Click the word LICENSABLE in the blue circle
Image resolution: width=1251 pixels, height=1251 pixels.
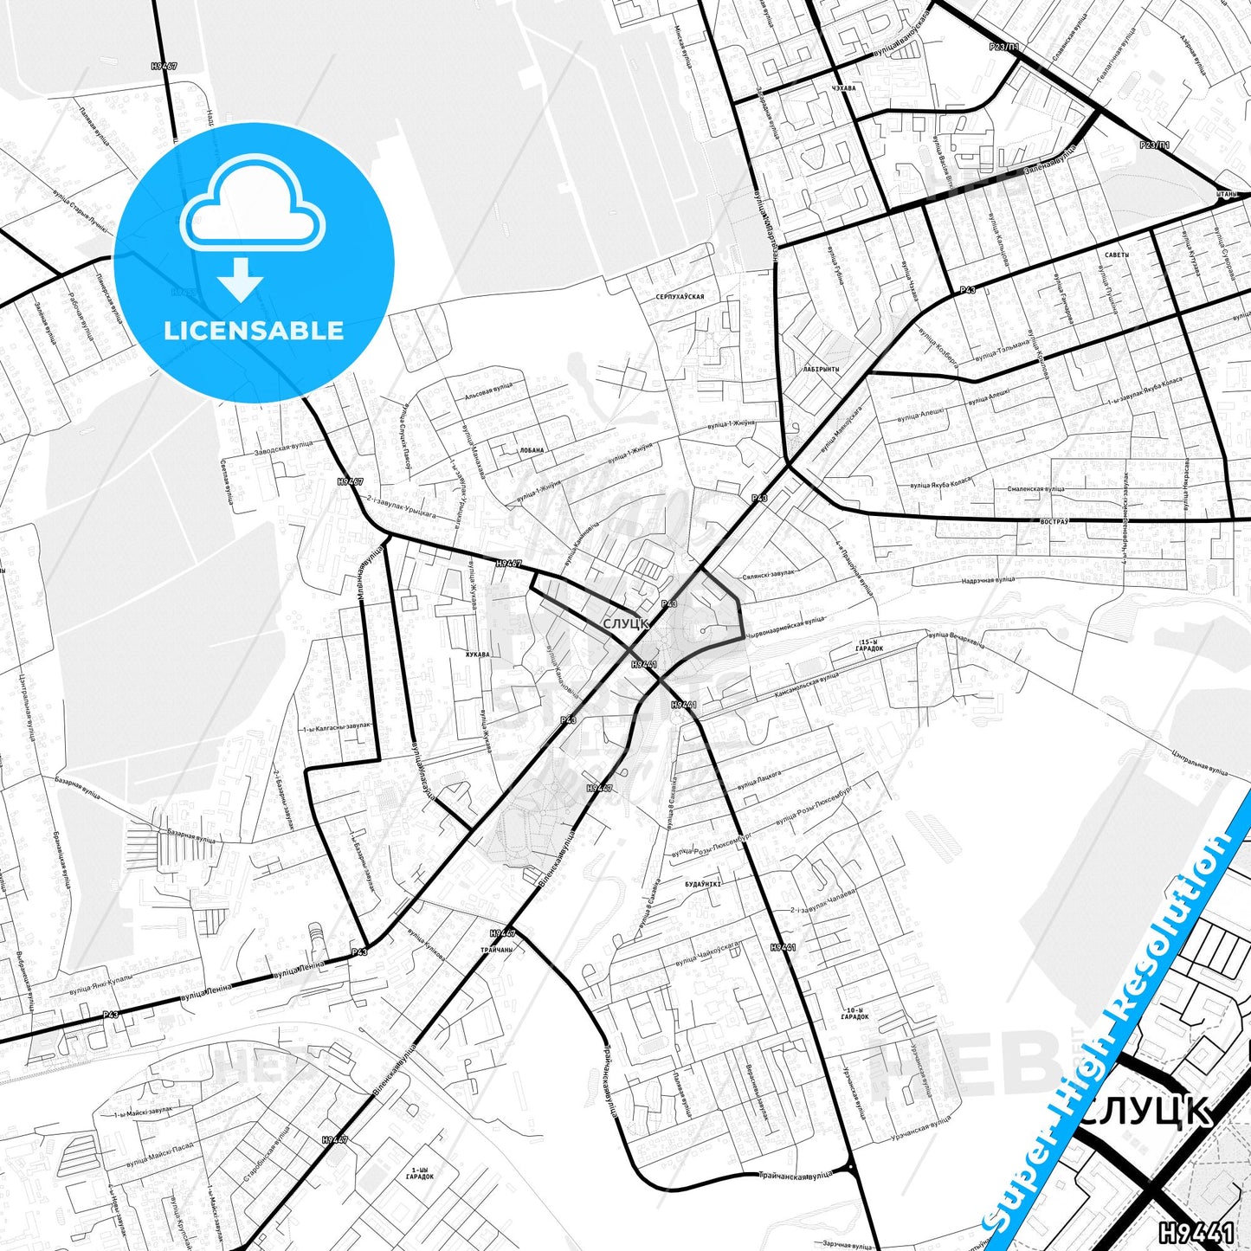click(254, 331)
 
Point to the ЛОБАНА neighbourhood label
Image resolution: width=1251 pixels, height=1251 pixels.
click(532, 450)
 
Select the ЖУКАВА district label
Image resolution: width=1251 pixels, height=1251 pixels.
click(477, 655)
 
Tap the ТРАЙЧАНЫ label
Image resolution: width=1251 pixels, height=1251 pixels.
click(496, 950)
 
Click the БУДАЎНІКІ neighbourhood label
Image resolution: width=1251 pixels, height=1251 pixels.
click(702, 885)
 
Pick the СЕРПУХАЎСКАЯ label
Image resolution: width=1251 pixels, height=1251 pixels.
click(680, 297)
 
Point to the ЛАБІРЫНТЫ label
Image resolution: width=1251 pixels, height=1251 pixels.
click(821, 369)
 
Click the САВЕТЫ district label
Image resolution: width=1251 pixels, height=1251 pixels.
click(1117, 255)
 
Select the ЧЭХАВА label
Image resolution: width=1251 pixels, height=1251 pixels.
click(842, 88)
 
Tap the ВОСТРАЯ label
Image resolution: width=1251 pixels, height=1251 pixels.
click(1055, 521)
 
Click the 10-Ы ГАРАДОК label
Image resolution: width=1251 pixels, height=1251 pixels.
click(854, 1014)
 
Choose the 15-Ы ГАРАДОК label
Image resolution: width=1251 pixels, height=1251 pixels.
click(869, 645)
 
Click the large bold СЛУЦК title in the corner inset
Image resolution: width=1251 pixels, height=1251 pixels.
click(1147, 1111)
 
